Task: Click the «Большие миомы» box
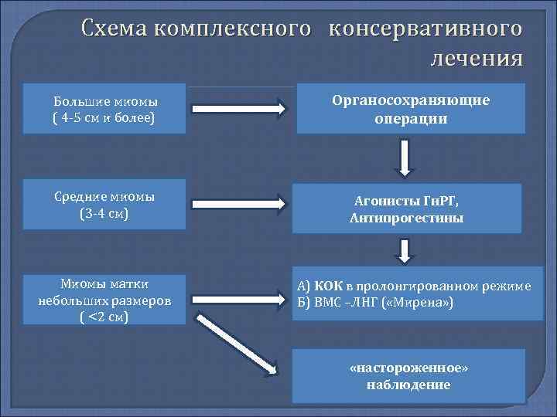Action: coord(105,109)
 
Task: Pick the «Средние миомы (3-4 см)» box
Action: coord(105,205)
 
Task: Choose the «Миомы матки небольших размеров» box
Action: coord(105,299)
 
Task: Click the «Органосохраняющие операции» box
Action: coord(410,110)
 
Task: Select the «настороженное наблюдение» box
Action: coord(410,376)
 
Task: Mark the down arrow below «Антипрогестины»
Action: coord(405,251)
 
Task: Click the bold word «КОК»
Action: coord(328,286)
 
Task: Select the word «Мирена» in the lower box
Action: coord(415,301)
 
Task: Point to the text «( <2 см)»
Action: coord(105,317)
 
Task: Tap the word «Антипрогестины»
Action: coord(406,219)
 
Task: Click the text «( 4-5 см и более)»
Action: coord(105,118)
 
